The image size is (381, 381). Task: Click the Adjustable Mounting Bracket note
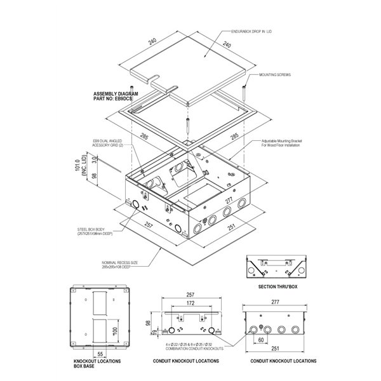[284, 143]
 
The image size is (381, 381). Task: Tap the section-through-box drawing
[275, 268]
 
